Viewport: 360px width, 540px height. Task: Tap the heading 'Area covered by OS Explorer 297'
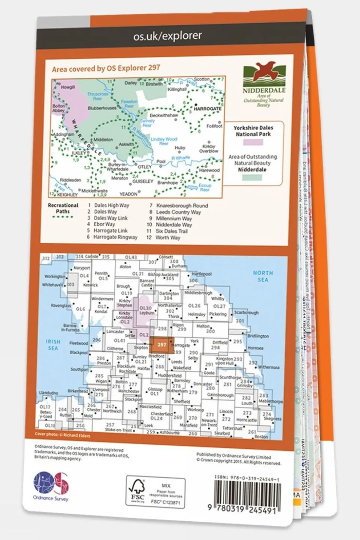point(106,68)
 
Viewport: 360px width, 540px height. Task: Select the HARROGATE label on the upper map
point(208,109)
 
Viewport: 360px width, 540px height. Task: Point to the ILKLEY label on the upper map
point(79,153)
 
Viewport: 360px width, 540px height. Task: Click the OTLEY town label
point(145,167)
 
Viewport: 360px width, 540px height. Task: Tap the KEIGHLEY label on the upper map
point(67,195)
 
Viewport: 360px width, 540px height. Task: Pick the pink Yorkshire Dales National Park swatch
point(253,142)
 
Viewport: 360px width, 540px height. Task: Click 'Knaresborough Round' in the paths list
point(182,206)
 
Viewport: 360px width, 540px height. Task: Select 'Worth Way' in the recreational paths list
point(168,238)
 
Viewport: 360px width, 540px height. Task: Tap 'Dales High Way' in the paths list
point(111,205)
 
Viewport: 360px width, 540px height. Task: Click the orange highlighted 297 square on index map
point(161,345)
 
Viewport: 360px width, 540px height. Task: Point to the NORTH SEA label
point(263,276)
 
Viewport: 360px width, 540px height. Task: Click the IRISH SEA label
point(53,345)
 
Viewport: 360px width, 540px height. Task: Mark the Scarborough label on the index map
point(246,313)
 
